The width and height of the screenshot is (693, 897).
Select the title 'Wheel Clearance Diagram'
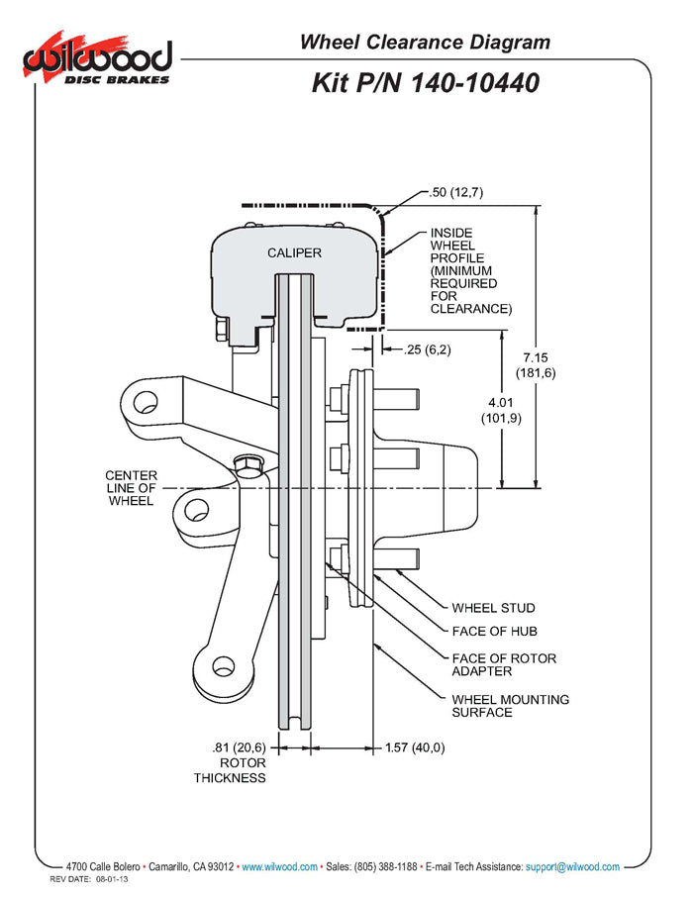[425, 42]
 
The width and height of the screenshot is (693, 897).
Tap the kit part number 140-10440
[426, 82]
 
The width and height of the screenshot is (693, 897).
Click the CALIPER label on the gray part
[294, 252]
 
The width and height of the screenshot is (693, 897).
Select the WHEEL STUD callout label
[493, 608]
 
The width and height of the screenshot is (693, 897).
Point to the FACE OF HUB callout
[494, 632]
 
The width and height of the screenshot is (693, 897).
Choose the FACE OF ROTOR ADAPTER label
[504, 664]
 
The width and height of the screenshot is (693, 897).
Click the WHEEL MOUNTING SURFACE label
[510, 706]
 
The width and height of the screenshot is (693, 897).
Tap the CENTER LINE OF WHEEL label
[131, 488]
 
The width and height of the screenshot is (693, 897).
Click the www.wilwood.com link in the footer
[280, 866]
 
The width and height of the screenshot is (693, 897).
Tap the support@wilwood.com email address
[572, 866]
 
